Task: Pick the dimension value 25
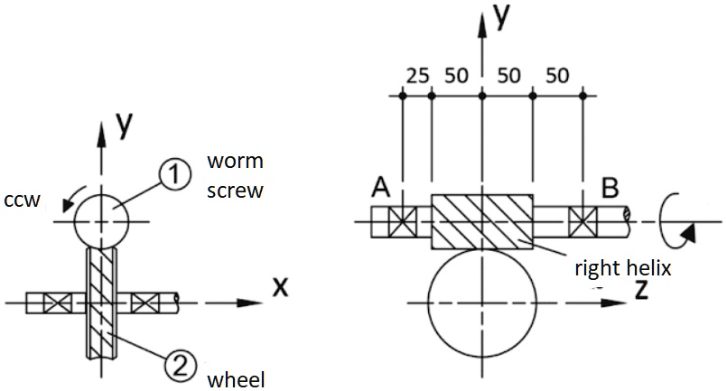coord(416,76)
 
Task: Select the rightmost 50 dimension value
coord(557,76)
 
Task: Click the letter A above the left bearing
coord(381,188)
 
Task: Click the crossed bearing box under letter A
coord(401,221)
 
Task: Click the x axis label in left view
coord(281,286)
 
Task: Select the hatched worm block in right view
coord(482,222)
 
